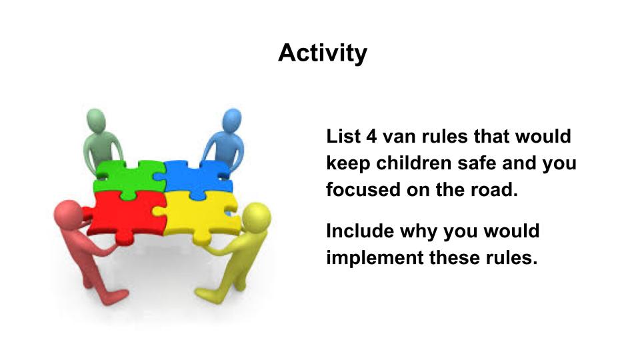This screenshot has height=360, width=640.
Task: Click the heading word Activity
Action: pyautogui.click(x=323, y=53)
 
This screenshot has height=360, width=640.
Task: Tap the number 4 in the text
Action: pyautogui.click(x=371, y=136)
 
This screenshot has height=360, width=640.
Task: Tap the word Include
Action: pyautogui.click(x=359, y=231)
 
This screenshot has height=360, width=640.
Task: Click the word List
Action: pyautogui.click(x=343, y=136)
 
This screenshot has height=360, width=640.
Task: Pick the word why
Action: pyautogui.click(x=418, y=233)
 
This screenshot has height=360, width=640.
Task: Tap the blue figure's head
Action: pyautogui.click(x=231, y=120)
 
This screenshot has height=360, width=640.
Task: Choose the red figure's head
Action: pyautogui.click(x=68, y=214)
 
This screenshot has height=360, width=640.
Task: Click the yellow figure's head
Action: pyautogui.click(x=256, y=217)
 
